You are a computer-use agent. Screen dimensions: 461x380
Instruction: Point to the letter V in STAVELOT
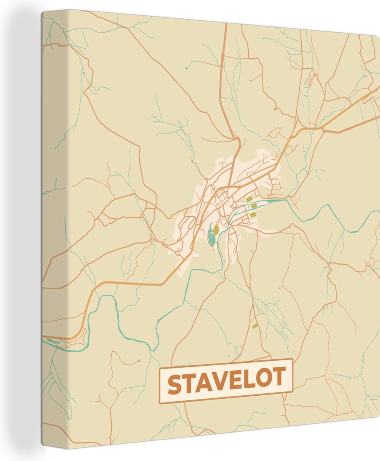[x=222, y=381]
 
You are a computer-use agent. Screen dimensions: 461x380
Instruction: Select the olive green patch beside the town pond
[x=216, y=230]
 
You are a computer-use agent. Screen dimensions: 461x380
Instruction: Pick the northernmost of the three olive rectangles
[x=249, y=199]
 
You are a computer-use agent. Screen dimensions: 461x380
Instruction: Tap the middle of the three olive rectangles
[x=253, y=206]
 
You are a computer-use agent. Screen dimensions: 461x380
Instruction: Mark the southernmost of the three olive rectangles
[x=253, y=214]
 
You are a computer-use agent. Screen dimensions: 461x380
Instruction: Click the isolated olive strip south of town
[x=255, y=326]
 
